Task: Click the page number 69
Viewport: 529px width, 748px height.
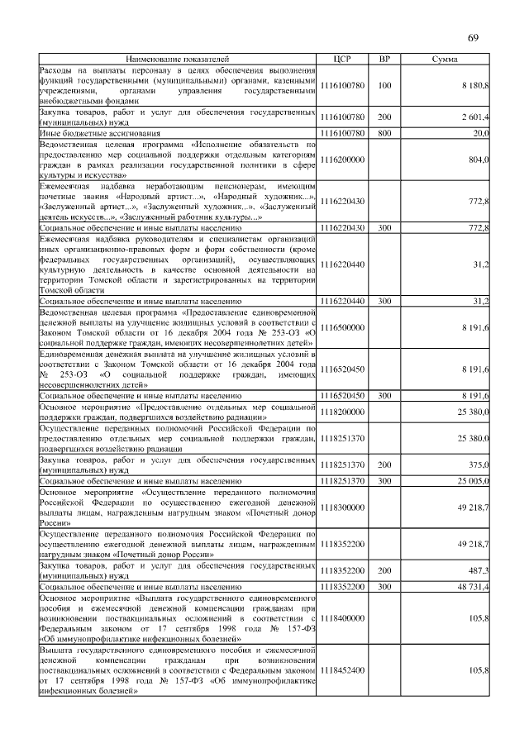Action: [x=473, y=37]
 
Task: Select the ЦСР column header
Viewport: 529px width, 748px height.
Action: [x=341, y=60]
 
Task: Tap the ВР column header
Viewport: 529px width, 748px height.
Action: [x=384, y=60]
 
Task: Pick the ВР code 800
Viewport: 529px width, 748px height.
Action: [x=384, y=133]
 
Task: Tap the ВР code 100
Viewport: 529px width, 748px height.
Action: [x=384, y=85]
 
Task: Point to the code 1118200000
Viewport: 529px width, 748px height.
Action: [x=341, y=411]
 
